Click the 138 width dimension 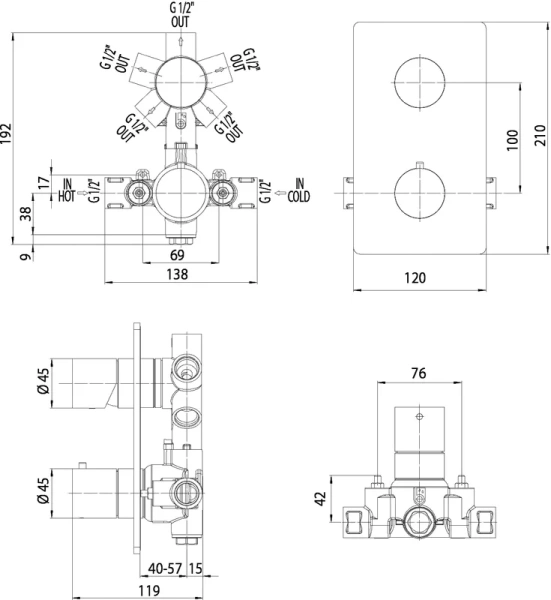(179, 274)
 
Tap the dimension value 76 (420, 374)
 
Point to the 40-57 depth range (165, 568)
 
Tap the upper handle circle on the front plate (419, 82)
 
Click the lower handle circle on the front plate (419, 191)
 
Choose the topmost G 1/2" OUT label (179, 16)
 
